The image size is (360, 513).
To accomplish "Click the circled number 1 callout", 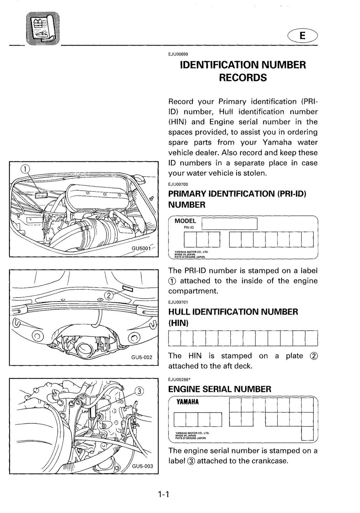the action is (x=25, y=169).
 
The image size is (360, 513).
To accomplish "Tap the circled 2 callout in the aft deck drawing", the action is (x=109, y=296).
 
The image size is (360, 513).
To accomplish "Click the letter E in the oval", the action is (x=303, y=36).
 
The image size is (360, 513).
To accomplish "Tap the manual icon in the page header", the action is (x=43, y=28).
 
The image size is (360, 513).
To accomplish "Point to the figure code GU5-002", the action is (x=142, y=357).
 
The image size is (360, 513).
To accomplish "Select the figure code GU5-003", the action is (x=142, y=466).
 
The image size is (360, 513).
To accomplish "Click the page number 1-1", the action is (x=163, y=495).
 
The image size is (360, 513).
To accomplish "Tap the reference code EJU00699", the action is (x=178, y=54).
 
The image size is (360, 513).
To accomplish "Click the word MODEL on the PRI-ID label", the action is (x=185, y=221).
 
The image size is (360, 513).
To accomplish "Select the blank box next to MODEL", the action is (x=230, y=223).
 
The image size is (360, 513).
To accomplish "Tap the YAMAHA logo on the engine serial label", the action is (x=187, y=402).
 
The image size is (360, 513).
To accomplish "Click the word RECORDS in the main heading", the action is (x=243, y=77).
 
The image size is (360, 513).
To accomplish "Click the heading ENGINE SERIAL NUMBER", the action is (x=220, y=389).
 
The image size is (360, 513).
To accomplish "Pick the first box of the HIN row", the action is (x=174, y=338).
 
